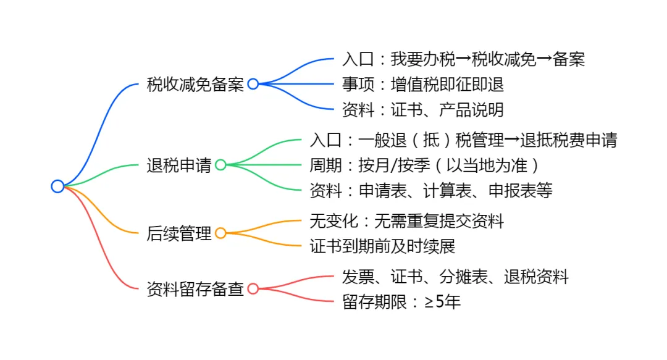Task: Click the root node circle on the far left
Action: coord(57,186)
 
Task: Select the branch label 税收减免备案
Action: coord(195,85)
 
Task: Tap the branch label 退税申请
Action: coord(179,165)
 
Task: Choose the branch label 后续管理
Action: coord(179,233)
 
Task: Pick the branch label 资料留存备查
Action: coord(195,288)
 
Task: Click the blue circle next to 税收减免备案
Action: coord(253,85)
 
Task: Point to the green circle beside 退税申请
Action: coord(220,165)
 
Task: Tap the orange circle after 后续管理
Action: coord(220,233)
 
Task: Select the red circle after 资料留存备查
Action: coord(253,288)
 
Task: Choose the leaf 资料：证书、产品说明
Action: coord(422,110)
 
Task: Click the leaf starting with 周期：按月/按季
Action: coord(424,165)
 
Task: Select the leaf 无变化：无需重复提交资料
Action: coord(407,220)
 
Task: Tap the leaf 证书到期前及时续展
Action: coord(382,246)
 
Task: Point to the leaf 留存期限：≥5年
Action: coord(401,302)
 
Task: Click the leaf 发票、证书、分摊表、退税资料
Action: coord(455,277)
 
